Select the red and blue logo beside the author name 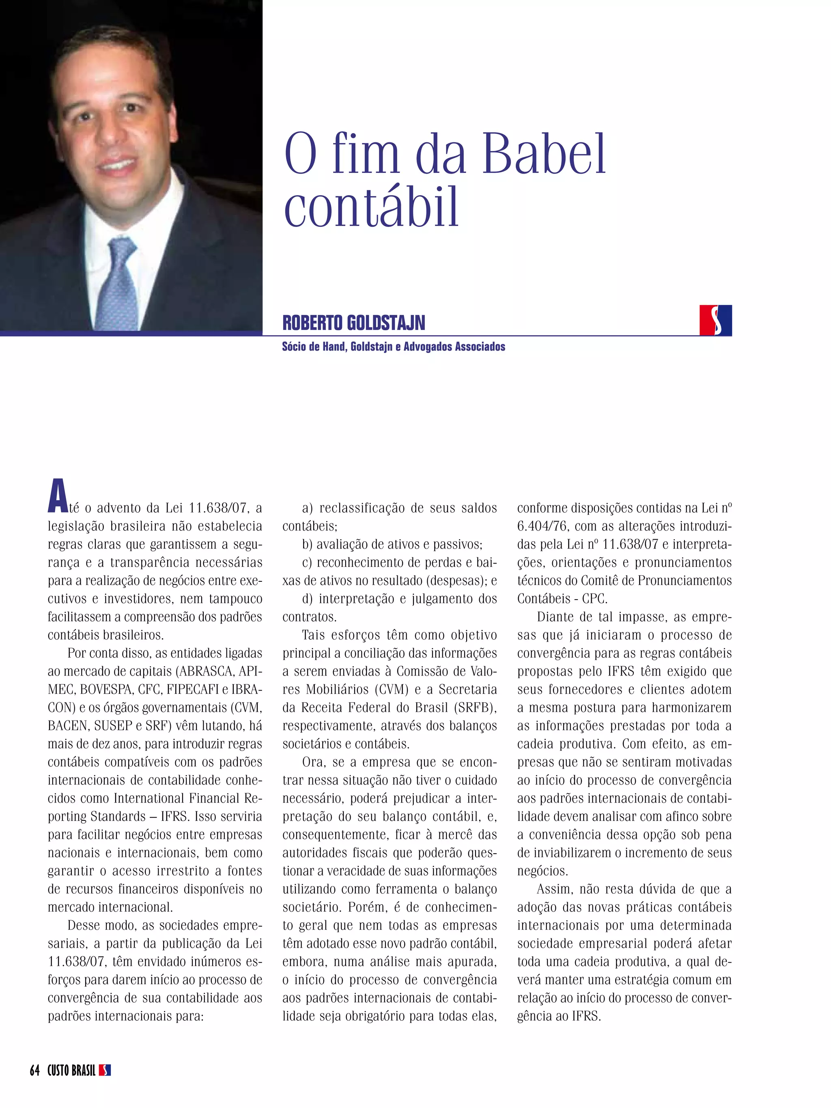(x=715, y=320)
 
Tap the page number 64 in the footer (x=34, y=1070)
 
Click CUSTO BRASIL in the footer (x=71, y=1070)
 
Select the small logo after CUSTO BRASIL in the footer (x=105, y=1070)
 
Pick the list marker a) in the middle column (x=307, y=508)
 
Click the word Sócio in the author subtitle (x=293, y=346)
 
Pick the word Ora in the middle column (x=313, y=762)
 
